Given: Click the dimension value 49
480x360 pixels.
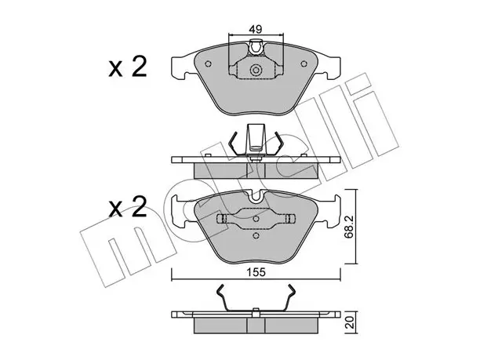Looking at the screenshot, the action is click(255, 29).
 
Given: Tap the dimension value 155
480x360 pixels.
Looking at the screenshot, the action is click(256, 272).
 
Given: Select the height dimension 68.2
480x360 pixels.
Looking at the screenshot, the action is click(350, 227).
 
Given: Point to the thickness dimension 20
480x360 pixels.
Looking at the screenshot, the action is click(350, 322).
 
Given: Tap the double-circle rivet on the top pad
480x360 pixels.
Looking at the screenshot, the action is click(256, 70).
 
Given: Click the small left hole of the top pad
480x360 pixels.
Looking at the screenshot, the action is click(208, 64).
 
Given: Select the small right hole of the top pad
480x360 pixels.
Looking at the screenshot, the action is click(304, 64).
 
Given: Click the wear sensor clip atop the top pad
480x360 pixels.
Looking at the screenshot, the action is click(256, 47).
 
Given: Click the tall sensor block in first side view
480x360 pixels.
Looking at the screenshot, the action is click(256, 138).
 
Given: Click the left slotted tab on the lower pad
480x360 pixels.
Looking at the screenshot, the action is click(222, 219).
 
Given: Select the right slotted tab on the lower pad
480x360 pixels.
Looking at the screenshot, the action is click(289, 219).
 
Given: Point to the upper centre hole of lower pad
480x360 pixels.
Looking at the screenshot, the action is click(256, 218).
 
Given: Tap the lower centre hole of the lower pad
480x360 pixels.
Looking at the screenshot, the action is click(256, 235).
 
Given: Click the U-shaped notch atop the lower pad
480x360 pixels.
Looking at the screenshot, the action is click(256, 196).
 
